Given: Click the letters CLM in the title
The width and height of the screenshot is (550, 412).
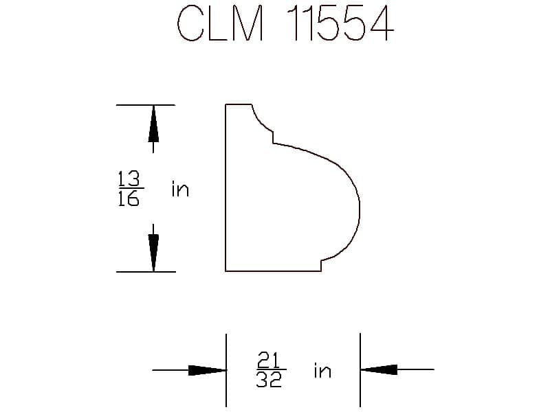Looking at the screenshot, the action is coord(220,23).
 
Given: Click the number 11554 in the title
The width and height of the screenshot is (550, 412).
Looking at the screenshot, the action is coord(340,23).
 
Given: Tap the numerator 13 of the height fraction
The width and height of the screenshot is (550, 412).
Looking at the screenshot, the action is coord(129,179).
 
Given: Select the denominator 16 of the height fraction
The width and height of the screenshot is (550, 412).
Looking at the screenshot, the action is coord(129,198).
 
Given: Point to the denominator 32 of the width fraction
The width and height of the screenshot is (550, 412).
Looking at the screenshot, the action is coord(269,380).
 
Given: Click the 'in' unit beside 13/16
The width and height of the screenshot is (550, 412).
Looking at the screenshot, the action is coord(180,190).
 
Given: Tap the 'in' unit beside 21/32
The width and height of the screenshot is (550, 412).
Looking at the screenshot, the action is coord(322,370).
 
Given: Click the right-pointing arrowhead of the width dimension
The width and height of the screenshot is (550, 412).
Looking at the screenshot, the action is coord(207,370).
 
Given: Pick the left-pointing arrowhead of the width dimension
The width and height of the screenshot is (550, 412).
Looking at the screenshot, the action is coord(379,369).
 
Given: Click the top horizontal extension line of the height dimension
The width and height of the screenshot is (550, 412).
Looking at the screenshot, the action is coord(146,105).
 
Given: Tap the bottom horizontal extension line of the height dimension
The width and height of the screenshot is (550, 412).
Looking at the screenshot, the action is coord(146,271).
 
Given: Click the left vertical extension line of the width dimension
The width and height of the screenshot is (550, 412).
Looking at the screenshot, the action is coord(226,370).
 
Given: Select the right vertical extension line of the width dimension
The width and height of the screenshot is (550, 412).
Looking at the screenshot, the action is coord(360,369).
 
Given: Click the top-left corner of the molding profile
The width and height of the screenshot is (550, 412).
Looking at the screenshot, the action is coord(225,104).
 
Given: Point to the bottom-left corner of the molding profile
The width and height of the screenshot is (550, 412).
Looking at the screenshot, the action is coord(225,271).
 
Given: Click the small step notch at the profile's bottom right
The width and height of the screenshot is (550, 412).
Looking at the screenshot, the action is coord(321,266).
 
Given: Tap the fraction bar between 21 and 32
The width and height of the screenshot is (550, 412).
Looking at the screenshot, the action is coord(272,369).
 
